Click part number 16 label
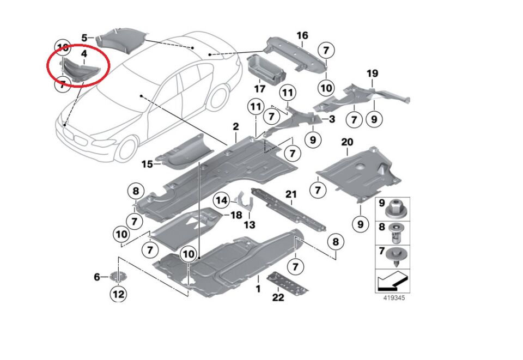(x=302, y=36)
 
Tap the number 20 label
(x=347, y=143)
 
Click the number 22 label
(x=278, y=297)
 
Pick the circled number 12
(x=118, y=295)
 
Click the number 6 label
(x=97, y=277)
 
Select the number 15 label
(x=147, y=163)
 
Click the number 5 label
(x=84, y=38)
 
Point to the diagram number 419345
(x=393, y=298)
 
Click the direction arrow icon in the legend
(x=392, y=282)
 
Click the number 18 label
(x=236, y=215)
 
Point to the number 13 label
(x=249, y=224)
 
